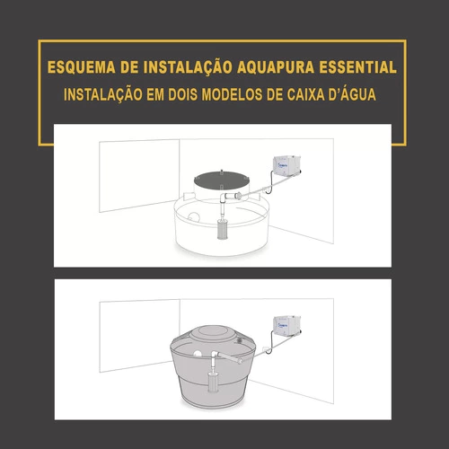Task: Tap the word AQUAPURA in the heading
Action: click(x=276, y=67)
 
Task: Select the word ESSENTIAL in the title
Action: click(x=358, y=67)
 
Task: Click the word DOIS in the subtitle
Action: click(x=181, y=94)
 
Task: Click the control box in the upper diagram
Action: click(x=286, y=165)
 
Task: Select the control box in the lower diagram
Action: click(x=286, y=325)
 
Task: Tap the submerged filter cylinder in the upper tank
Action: click(x=223, y=230)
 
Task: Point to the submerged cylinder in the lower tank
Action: click(x=214, y=383)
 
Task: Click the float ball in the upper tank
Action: click(x=194, y=217)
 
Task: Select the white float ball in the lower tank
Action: click(x=198, y=354)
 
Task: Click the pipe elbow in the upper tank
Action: click(x=223, y=198)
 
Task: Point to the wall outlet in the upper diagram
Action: click(x=265, y=189)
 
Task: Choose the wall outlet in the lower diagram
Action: click(x=265, y=349)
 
